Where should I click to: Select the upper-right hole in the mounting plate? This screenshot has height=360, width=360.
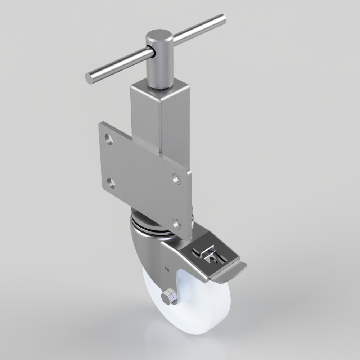coord(176,178)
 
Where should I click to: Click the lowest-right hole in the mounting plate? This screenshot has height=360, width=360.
coord(176,224)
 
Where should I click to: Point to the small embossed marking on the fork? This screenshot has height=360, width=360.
coord(167,268)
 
